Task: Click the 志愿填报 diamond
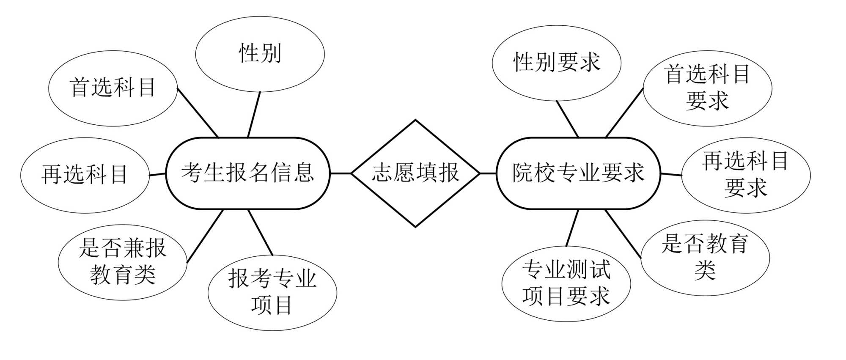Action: click(415, 173)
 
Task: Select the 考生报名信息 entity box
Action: click(248, 173)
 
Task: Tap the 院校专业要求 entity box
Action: click(578, 173)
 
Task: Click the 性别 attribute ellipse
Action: click(260, 54)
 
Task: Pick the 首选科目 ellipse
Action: click(113, 88)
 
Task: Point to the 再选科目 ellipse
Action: click(85, 175)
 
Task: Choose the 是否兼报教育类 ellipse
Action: click(122, 262)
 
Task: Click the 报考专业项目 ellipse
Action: click(272, 292)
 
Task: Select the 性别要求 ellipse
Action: click(556, 63)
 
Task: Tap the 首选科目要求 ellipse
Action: click(707, 88)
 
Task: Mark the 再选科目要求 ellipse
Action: click(746, 175)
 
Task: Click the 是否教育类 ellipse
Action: click(705, 257)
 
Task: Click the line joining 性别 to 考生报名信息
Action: click(254, 114)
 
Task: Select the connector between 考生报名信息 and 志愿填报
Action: click(341, 173)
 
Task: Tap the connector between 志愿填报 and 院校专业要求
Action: click(488, 173)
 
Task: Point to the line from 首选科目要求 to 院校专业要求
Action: click(624, 113)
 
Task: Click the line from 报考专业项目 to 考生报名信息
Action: click(260, 232)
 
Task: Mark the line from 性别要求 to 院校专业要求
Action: click(567, 119)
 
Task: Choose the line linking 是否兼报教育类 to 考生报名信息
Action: click(205, 236)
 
